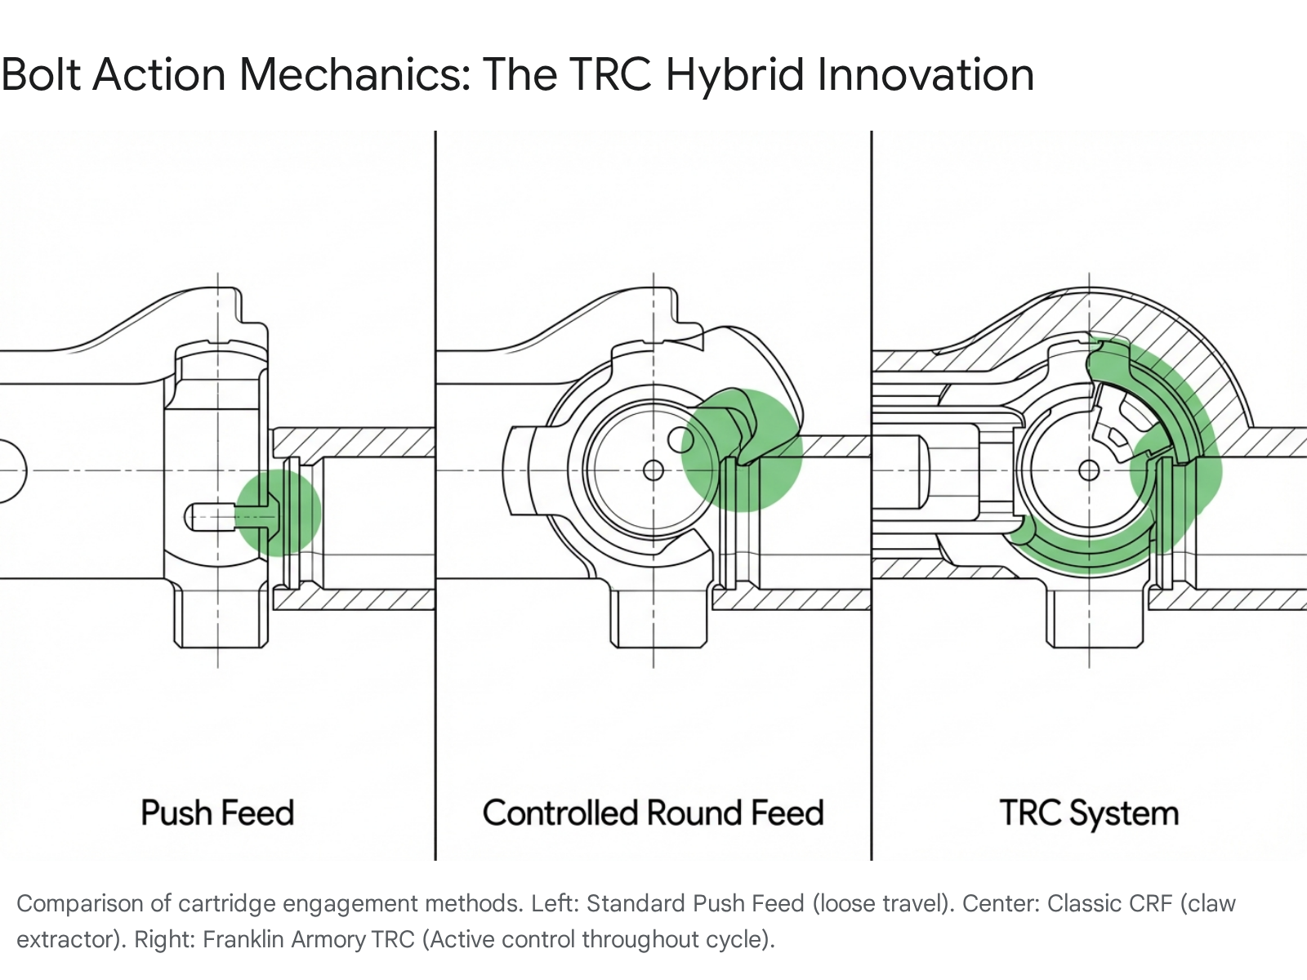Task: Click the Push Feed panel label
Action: point(217,813)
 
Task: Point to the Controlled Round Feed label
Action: point(653,813)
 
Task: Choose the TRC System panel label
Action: point(1089,813)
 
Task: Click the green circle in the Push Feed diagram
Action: point(278,512)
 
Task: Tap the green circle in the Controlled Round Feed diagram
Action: point(742,451)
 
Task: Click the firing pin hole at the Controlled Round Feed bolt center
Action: point(653,470)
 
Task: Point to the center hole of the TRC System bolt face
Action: point(1089,470)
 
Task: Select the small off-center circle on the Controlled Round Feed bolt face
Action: point(680,440)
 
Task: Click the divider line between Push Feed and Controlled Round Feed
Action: point(435,495)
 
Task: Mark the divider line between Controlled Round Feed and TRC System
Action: point(871,495)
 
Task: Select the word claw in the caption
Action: point(1207,904)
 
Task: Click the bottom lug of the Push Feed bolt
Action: point(221,616)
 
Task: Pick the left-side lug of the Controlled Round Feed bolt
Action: point(518,470)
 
